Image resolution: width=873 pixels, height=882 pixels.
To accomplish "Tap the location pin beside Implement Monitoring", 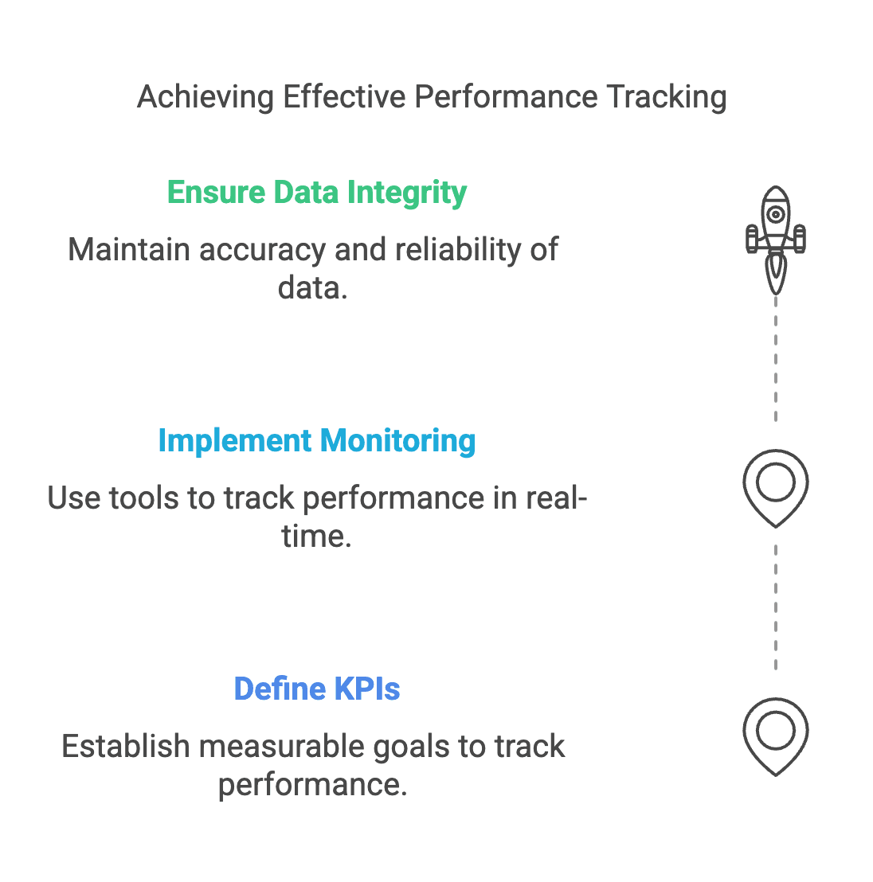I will [x=775, y=486].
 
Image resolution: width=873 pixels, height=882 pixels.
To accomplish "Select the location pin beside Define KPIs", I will [x=775, y=734].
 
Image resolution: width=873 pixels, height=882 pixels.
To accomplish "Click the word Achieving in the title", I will [x=206, y=98].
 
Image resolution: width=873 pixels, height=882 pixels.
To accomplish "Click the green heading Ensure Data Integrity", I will [x=317, y=193].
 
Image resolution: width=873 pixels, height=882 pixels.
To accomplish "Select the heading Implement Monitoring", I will [x=317, y=441].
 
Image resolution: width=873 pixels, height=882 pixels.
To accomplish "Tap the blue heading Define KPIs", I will [x=317, y=689].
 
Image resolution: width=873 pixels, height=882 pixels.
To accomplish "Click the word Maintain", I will [x=129, y=250].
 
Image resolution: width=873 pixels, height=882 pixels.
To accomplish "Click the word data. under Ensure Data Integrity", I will [x=313, y=288].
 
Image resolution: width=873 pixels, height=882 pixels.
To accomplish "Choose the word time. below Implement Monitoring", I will [x=316, y=537].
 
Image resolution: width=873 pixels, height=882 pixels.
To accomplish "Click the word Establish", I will [x=125, y=747].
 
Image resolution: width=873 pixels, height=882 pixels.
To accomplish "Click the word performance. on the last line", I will [x=313, y=785].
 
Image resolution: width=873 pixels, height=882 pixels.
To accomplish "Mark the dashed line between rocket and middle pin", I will [x=775, y=358].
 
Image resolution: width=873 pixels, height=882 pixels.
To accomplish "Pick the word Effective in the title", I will [x=344, y=98].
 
